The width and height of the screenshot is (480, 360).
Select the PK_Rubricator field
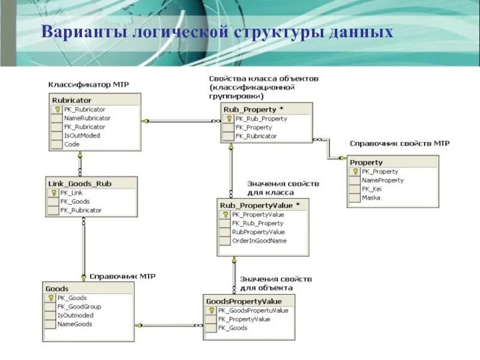click(84, 109)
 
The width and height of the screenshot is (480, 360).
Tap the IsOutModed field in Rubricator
click(82, 136)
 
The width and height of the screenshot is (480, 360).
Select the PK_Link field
click(71, 193)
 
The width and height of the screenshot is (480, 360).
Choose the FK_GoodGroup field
click(79, 307)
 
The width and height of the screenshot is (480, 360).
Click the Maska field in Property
click(371, 197)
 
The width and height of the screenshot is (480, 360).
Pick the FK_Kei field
click(371, 189)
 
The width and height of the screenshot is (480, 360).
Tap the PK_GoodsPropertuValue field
click(253, 310)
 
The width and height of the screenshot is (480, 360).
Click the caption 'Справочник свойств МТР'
click(400, 143)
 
